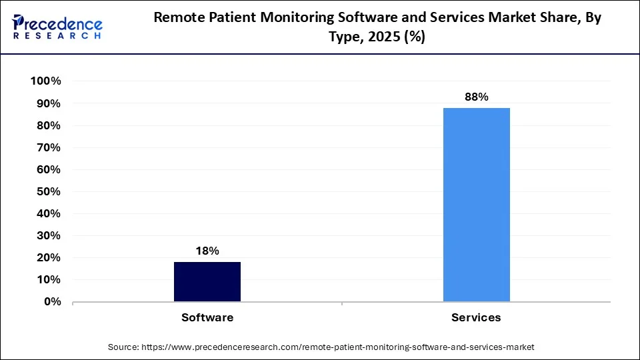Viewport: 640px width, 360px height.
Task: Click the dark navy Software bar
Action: tap(207, 281)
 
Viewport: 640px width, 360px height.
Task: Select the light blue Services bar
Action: tap(476, 205)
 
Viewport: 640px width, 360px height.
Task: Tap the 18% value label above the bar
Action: tap(207, 251)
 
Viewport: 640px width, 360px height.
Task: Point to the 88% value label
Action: tap(476, 97)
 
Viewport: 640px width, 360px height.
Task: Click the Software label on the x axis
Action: tap(207, 317)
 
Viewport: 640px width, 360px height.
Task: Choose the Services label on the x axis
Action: tap(476, 317)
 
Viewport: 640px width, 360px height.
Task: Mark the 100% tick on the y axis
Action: tap(46, 81)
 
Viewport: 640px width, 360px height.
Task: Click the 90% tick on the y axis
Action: tap(49, 104)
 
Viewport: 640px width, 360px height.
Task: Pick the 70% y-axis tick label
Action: tap(49, 147)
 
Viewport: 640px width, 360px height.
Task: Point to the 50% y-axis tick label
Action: tap(49, 191)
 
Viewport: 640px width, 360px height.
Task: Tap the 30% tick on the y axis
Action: tap(49, 235)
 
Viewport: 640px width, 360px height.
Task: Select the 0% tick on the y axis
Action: tap(52, 301)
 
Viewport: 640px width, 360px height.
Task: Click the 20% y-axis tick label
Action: tap(49, 257)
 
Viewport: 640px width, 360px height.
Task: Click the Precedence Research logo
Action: tap(57, 27)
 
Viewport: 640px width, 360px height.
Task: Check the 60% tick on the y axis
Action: tap(49, 169)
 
